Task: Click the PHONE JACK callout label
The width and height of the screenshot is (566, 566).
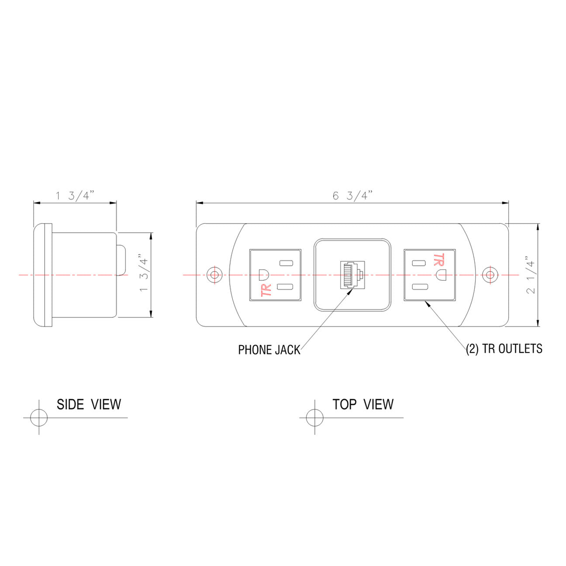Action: [x=269, y=350]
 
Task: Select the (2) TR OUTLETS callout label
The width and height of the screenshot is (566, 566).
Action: [x=504, y=349]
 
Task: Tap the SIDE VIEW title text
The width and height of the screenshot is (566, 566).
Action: [x=89, y=404]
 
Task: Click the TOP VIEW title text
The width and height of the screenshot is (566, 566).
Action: [x=363, y=404]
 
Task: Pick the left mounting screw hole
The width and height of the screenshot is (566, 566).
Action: [x=214, y=275]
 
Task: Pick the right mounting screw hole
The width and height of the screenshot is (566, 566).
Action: [x=490, y=275]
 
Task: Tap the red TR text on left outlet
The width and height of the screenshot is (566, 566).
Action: [x=266, y=290]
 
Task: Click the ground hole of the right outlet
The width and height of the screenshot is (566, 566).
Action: [x=441, y=275]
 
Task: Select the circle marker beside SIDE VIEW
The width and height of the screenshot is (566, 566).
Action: [x=39, y=417]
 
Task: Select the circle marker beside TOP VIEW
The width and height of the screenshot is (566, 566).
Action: [x=314, y=418]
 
